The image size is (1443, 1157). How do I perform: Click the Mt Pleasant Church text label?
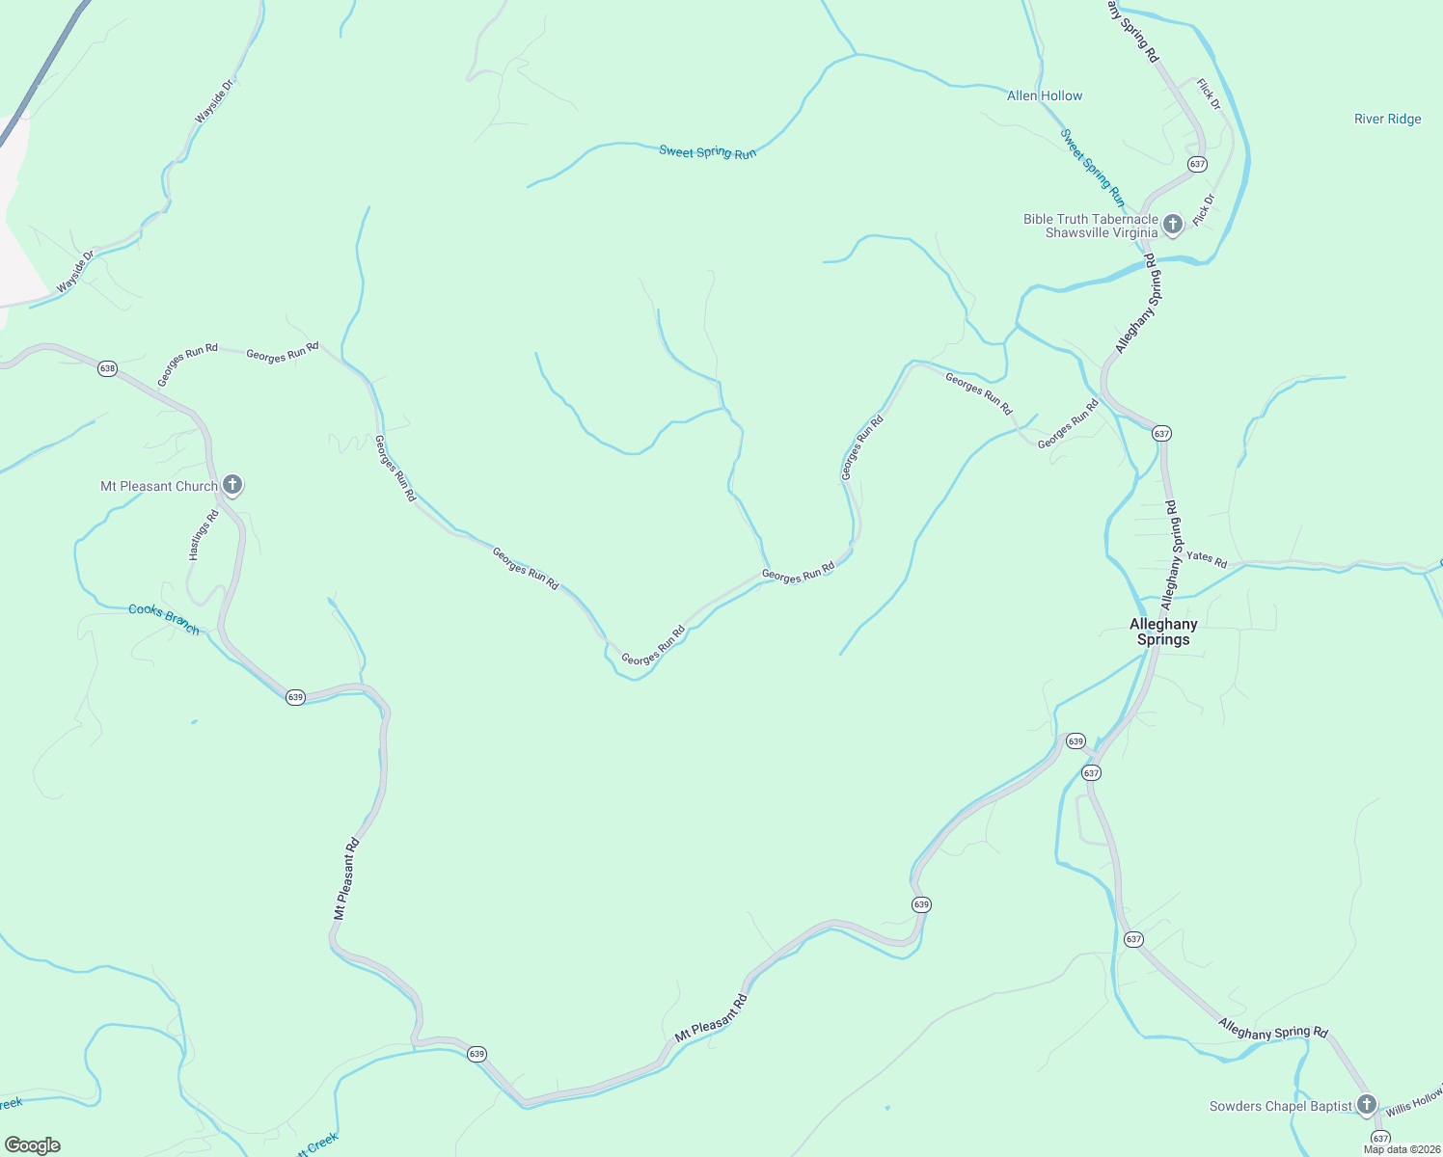click(x=159, y=486)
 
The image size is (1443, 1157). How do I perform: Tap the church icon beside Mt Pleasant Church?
click(x=232, y=484)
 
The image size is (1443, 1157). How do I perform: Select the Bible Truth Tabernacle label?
click(x=1090, y=226)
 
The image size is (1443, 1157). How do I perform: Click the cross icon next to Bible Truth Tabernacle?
click(x=1173, y=225)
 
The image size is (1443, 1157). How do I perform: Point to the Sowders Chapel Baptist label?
click(x=1280, y=1106)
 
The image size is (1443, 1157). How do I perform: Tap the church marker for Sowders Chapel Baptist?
click(x=1366, y=1104)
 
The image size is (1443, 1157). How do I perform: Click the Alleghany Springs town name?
click(x=1163, y=632)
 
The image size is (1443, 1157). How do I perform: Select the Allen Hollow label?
click(x=1045, y=95)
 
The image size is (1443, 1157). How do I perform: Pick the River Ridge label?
click(x=1387, y=119)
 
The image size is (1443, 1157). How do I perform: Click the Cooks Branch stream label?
click(x=164, y=619)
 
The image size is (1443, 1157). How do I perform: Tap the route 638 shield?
click(x=107, y=368)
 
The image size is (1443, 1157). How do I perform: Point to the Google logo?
click(x=33, y=1145)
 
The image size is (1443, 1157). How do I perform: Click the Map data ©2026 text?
click(x=1402, y=1148)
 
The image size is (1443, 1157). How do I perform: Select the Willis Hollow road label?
click(x=1414, y=1101)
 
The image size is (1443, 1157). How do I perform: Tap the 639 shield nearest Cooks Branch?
click(x=295, y=697)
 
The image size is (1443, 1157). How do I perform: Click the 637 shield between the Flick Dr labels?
click(x=1197, y=164)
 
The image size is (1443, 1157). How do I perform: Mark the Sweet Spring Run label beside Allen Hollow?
click(x=1093, y=167)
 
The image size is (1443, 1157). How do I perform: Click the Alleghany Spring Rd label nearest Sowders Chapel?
click(x=1272, y=1032)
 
